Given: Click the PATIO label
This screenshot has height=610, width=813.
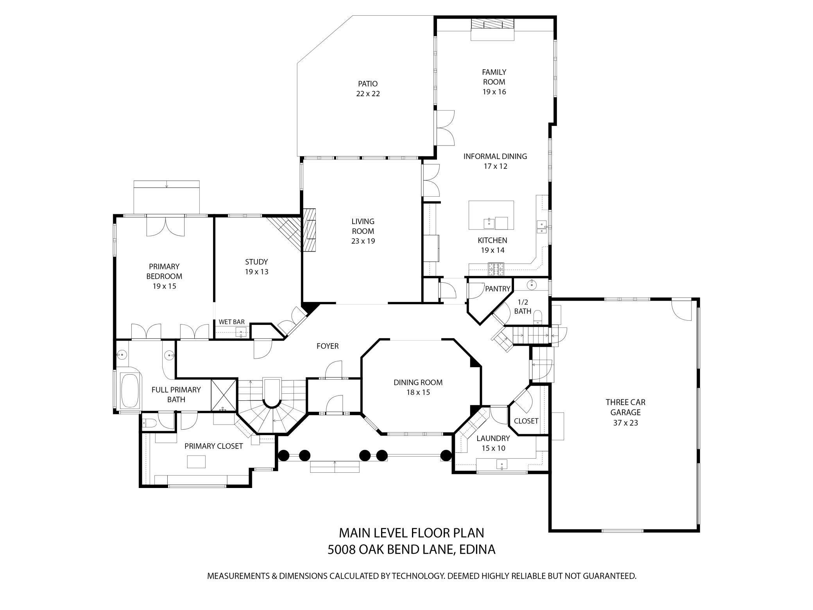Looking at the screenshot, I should pos(367,84).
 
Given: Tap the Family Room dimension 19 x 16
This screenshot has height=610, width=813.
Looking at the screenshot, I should pos(494,92).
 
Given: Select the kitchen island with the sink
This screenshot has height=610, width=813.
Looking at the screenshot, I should pos(491,215).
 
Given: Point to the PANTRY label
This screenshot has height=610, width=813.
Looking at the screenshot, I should pos(498,289).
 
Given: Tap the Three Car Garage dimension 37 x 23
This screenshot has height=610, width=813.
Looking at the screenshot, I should pos(625,423).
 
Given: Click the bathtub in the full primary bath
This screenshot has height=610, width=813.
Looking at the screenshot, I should pos(130,391).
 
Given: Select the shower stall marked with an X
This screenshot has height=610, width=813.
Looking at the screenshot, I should pos(224,395).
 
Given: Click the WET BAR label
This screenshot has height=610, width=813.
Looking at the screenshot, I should pos(231,322).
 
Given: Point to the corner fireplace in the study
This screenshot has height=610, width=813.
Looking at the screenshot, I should pos(287,231).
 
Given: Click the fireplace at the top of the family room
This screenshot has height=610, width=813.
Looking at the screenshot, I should pos(492,24).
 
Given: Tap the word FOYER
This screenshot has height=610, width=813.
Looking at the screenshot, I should pos(327,346).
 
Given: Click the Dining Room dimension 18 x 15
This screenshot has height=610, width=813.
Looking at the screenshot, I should pos(418,392).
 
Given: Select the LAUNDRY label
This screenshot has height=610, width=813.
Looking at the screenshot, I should pos(493,438).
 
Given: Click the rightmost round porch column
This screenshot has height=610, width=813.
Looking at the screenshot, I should pos(446,456).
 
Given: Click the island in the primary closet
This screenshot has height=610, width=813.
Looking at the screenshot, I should pos(196,462).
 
